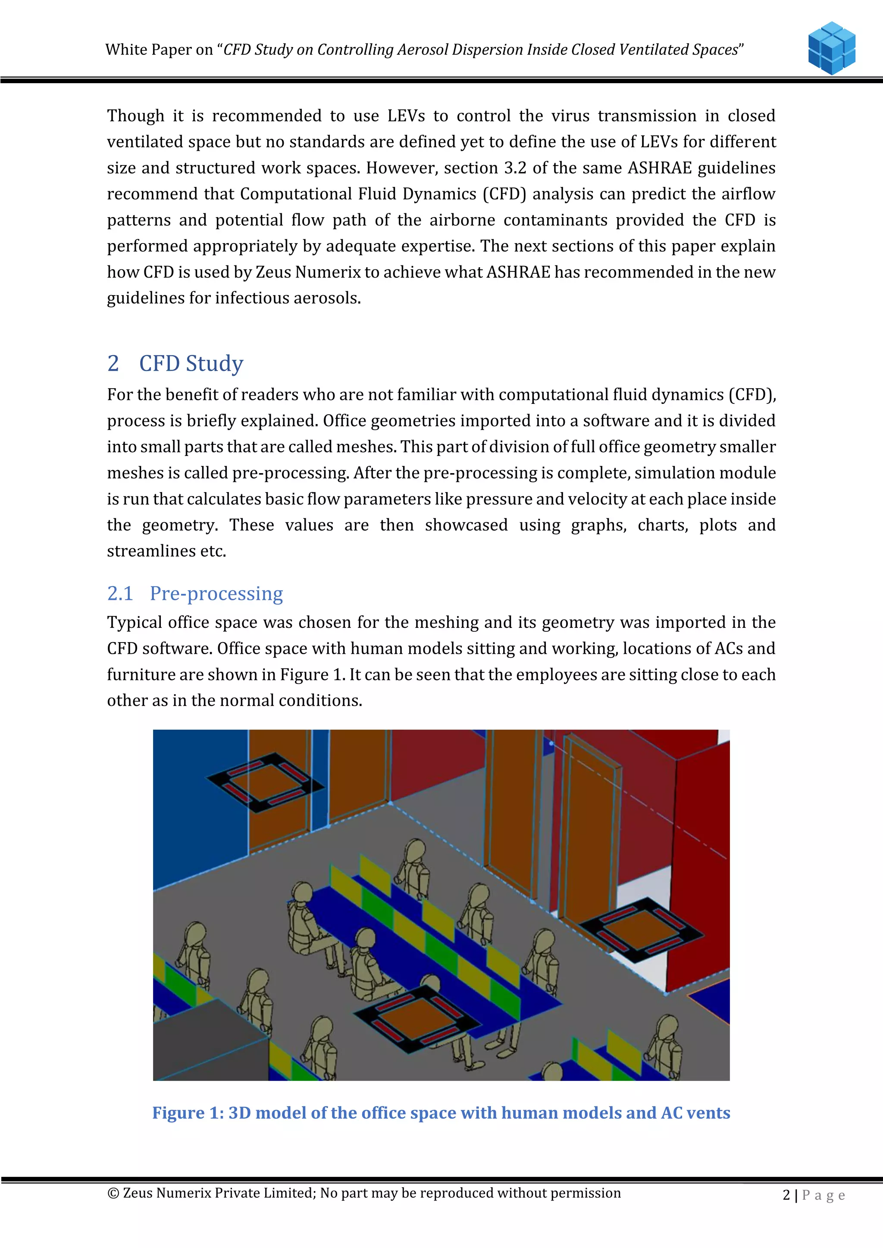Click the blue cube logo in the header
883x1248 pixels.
click(x=831, y=48)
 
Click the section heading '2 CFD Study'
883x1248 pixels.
click(x=175, y=363)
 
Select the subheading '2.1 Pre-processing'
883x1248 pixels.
click(x=194, y=593)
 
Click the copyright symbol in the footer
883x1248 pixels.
click(x=113, y=1193)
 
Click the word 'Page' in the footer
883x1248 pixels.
click(x=823, y=1195)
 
